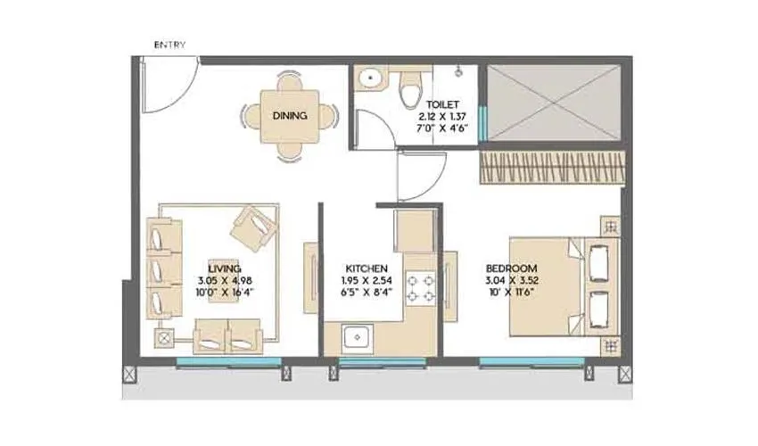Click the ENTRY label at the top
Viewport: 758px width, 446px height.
pyautogui.click(x=169, y=45)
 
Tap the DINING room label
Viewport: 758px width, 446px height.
pyautogui.click(x=290, y=116)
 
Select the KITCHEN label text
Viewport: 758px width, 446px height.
pyautogui.click(x=367, y=268)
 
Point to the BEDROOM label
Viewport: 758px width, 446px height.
pyautogui.click(x=511, y=268)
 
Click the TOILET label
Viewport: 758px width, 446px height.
pyautogui.click(x=443, y=104)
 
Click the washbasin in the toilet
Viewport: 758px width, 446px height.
pyautogui.click(x=368, y=82)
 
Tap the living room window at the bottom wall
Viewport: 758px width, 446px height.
pyautogui.click(x=229, y=361)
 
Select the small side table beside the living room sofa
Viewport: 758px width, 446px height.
pyautogui.click(x=165, y=339)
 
